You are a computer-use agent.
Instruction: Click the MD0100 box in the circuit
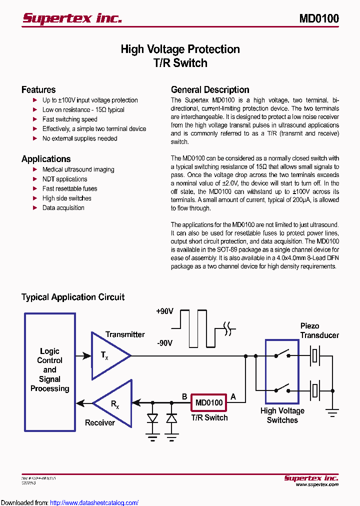208,402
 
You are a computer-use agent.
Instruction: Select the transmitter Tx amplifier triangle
107,355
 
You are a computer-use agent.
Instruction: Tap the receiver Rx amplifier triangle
115,403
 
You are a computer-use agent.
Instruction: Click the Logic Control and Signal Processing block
50,370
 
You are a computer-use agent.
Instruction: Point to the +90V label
164,311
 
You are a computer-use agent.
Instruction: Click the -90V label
164,343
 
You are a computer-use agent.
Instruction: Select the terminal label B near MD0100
184,397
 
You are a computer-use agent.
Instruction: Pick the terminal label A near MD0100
232,397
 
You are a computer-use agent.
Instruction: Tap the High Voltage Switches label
282,415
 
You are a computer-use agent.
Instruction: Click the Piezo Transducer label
319,330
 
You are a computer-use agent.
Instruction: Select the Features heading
38,90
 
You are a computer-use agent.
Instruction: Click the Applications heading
46,159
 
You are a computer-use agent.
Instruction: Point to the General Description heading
210,90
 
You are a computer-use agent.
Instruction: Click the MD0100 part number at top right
319,19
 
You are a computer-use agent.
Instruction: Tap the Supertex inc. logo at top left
72,18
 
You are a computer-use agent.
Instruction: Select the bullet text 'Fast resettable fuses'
69,188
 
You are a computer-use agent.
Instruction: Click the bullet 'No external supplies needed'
79,138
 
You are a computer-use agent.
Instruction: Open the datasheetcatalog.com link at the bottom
94,502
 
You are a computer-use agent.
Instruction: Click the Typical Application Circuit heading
73,297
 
